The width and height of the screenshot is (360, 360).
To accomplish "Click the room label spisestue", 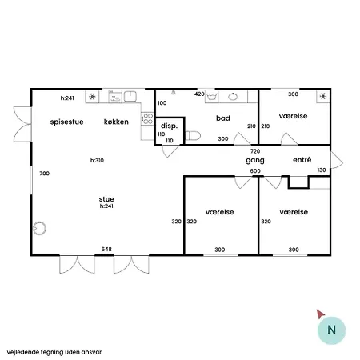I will [x=66, y=122].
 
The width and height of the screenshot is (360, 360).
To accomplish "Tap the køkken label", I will [x=117, y=122].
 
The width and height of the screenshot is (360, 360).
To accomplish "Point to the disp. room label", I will [x=169, y=126].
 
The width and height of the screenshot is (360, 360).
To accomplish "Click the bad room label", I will [x=223, y=118].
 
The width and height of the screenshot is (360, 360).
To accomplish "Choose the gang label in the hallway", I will [x=255, y=161].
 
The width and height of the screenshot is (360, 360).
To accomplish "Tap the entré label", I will [x=302, y=161].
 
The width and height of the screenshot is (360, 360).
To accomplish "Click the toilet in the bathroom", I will [x=194, y=137].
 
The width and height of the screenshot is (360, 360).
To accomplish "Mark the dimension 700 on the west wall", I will [x=44, y=174].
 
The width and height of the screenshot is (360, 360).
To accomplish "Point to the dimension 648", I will [x=106, y=250].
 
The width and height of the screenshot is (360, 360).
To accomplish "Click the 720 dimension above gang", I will [x=255, y=150].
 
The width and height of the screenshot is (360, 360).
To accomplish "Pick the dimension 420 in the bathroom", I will [x=199, y=94].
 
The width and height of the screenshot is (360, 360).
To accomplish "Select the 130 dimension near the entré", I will [x=322, y=170].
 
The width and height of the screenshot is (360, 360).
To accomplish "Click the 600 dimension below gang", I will [x=255, y=170].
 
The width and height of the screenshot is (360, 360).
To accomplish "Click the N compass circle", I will [x=331, y=330].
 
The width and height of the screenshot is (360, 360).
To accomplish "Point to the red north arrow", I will [x=321, y=314].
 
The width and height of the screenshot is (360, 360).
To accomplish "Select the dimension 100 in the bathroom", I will [x=162, y=103].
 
